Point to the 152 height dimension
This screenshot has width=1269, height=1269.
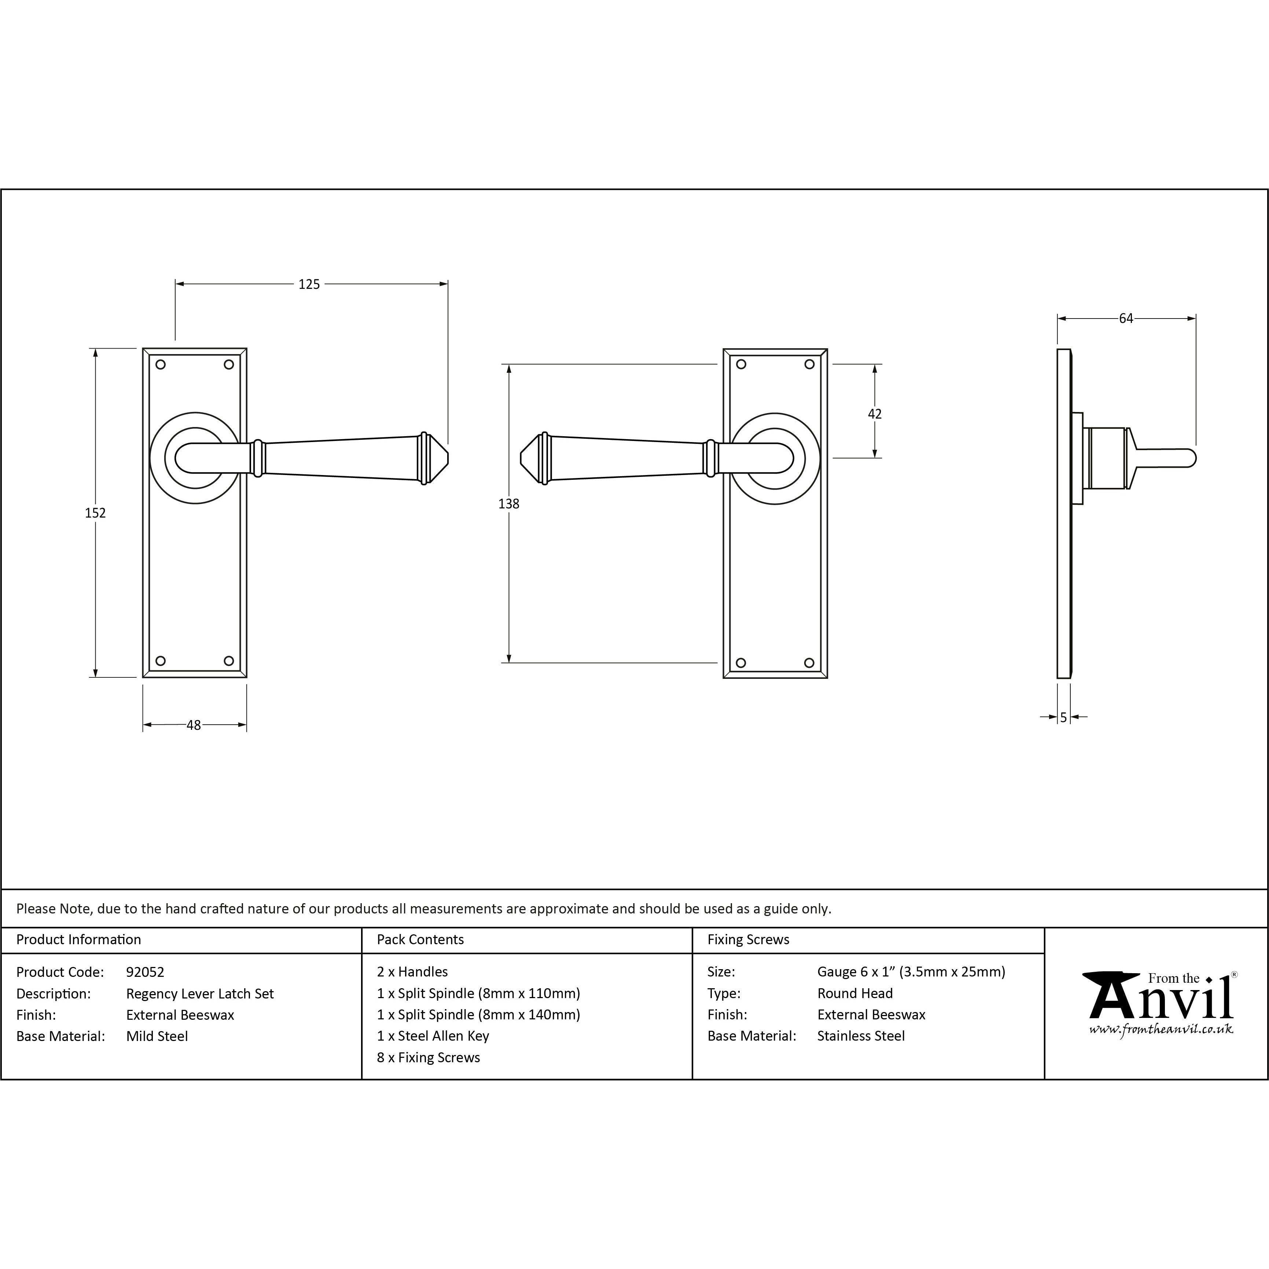point(95,512)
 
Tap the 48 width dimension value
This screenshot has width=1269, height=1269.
point(194,725)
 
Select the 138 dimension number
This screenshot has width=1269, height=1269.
point(509,504)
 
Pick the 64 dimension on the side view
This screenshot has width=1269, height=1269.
point(1126,319)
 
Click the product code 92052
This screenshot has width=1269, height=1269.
point(145,972)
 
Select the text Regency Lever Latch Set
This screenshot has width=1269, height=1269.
point(200,994)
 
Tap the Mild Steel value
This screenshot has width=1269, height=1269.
point(157,1037)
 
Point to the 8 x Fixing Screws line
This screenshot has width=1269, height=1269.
point(428,1057)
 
